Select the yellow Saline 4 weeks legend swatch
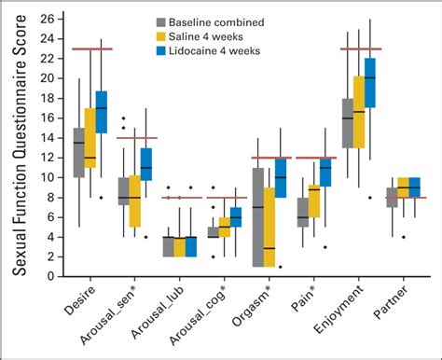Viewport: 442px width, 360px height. pos(162,35)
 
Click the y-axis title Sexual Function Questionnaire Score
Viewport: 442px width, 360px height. pos(19,145)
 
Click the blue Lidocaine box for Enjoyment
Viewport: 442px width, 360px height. pos(370,82)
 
